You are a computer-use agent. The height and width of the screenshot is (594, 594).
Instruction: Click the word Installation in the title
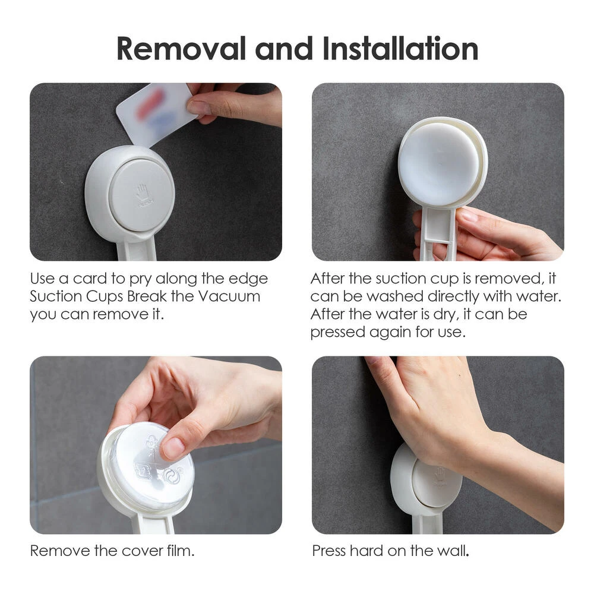click(400, 49)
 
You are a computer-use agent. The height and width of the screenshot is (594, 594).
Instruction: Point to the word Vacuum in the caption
click(230, 296)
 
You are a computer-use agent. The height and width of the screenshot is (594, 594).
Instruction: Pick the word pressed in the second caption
click(337, 331)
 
